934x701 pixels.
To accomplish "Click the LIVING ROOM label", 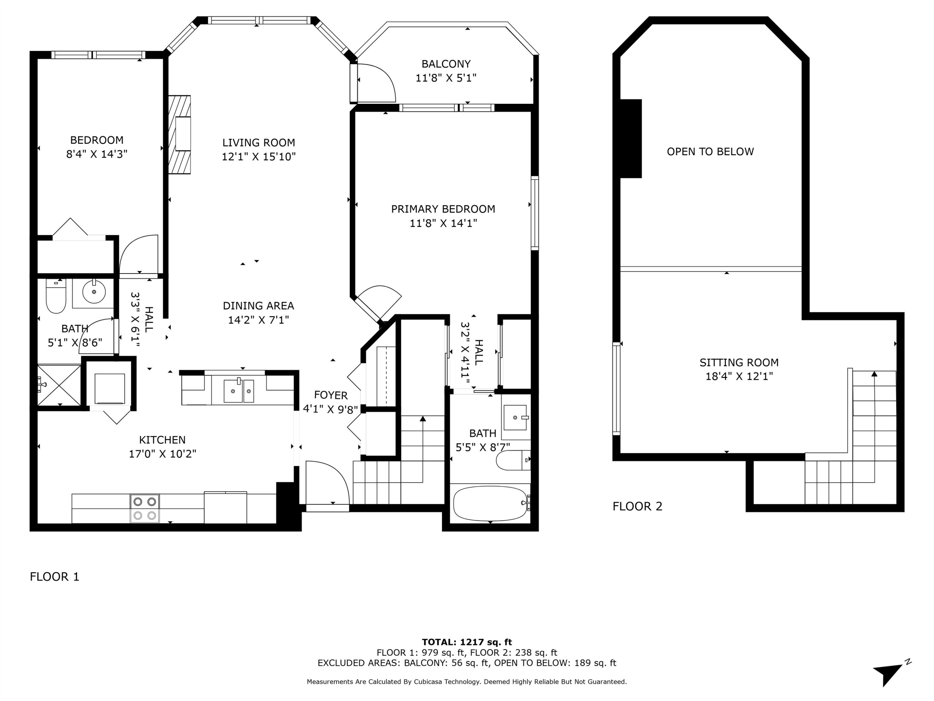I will click(258, 143).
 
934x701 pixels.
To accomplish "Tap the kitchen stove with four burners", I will click(145, 508).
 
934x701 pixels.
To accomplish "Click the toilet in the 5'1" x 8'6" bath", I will click(56, 297).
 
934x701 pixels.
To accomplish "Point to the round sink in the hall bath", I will click(94, 292).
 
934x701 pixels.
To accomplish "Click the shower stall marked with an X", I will click(59, 385).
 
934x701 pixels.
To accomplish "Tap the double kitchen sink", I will click(238, 391).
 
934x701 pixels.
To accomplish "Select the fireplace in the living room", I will click(180, 134).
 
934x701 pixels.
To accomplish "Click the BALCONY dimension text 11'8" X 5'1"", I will click(446, 78).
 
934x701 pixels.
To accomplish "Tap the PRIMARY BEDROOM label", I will click(443, 209).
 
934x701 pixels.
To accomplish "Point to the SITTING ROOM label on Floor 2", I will click(739, 363).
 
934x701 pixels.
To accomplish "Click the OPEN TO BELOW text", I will click(710, 152).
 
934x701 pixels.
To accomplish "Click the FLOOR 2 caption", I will click(637, 506).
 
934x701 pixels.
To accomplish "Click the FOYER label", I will click(331, 395).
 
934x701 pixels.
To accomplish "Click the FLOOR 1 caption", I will click(54, 577).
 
